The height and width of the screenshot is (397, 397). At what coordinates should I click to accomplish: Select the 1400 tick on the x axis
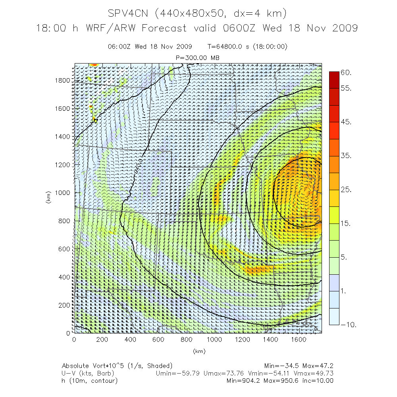pyautogui.click(x=271, y=340)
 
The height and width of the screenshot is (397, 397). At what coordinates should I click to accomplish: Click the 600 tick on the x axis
pyautogui.click(x=158, y=340)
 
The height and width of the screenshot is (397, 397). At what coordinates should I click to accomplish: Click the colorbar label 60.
pyautogui.click(x=346, y=72)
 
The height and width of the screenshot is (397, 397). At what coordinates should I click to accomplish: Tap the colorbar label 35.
pyautogui.click(x=346, y=156)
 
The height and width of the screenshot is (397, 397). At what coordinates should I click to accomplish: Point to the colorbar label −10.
pyautogui.click(x=348, y=325)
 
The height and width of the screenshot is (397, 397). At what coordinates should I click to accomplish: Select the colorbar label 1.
pyautogui.click(x=344, y=291)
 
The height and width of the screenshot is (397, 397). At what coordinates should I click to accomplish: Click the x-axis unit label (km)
pyautogui.click(x=198, y=351)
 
